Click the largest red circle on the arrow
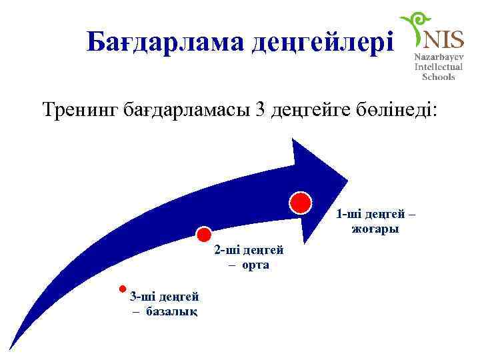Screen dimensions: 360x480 300,202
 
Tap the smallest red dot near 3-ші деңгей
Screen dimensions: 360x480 122,289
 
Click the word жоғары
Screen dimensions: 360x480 375,229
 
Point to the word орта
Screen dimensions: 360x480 257,265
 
